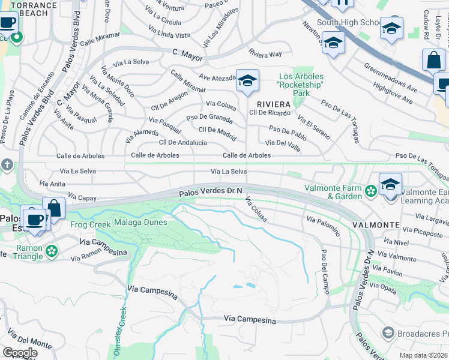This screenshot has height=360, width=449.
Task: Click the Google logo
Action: tap(20, 353)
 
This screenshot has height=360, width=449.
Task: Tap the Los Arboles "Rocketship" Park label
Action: tap(301, 85)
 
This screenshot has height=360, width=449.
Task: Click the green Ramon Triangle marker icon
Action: tap(52, 250)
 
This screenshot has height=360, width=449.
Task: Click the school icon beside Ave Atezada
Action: tap(247, 80)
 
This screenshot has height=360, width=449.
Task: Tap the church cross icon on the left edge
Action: tap(7, 164)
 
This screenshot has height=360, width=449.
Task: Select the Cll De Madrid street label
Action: tap(217, 130)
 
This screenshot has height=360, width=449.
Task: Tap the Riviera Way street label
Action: tap(265, 54)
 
